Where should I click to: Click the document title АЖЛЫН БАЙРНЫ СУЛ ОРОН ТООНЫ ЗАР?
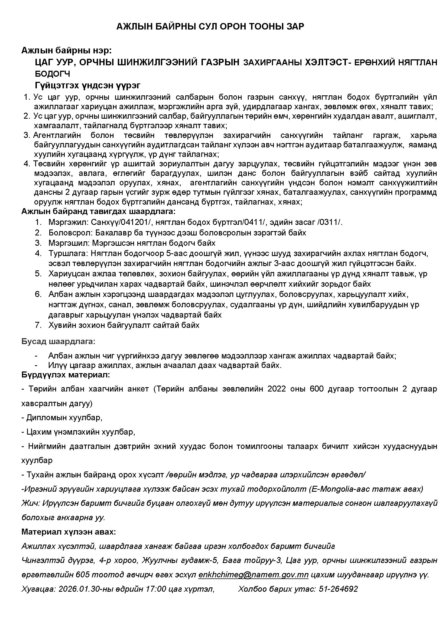(210, 27)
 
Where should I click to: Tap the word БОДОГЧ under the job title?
(53, 74)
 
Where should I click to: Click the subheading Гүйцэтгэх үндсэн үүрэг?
(87, 85)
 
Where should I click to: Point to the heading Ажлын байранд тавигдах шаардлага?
(98, 212)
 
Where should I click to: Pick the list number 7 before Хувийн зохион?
(38, 325)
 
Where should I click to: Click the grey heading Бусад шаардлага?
(58, 342)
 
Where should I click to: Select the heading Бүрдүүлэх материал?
(66, 375)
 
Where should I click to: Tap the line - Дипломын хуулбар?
(62, 418)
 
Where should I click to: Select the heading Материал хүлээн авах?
(69, 532)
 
